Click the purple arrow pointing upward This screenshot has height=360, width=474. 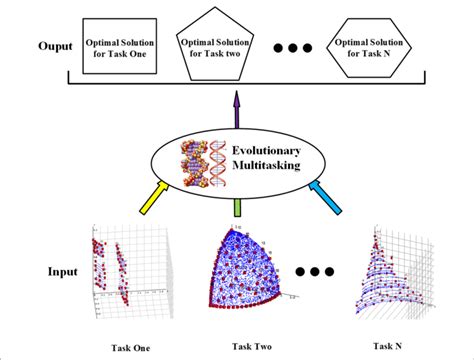click(237, 105)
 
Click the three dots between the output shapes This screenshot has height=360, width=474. click(292, 47)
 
